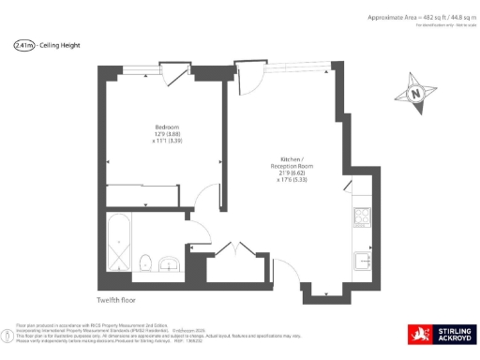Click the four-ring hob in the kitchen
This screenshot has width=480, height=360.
click(362, 217)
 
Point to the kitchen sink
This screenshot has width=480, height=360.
click(362, 259)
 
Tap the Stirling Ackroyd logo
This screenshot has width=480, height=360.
click(441, 335)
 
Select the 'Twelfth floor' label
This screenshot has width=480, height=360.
click(117, 300)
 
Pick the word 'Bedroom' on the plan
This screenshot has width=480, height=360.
click(167, 127)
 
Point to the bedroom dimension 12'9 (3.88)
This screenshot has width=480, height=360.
click(167, 134)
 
